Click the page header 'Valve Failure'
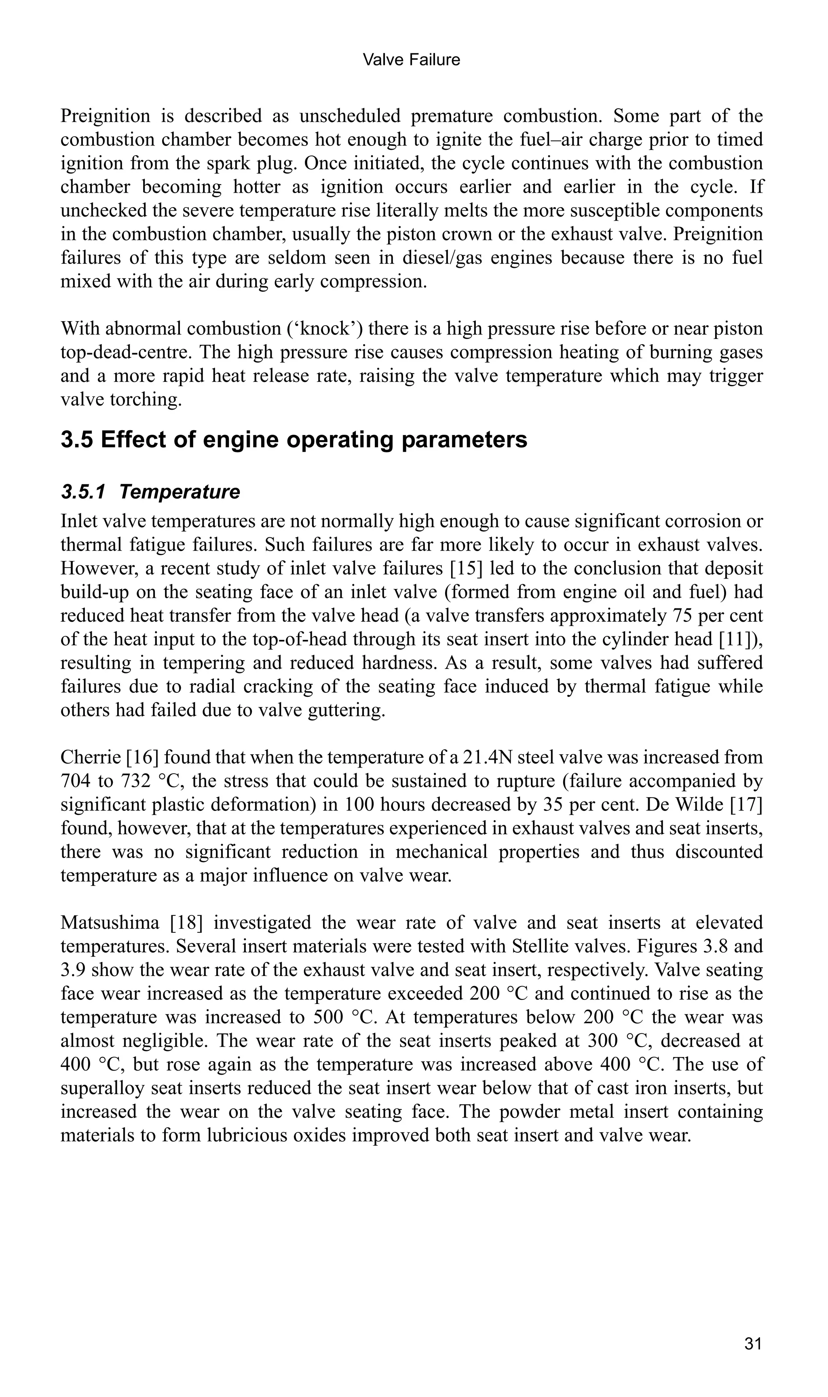tap(411, 60)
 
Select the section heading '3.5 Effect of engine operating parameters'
tap(294, 440)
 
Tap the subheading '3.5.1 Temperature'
tap(151, 492)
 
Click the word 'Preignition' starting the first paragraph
tap(106, 116)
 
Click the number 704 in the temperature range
tap(76, 781)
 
